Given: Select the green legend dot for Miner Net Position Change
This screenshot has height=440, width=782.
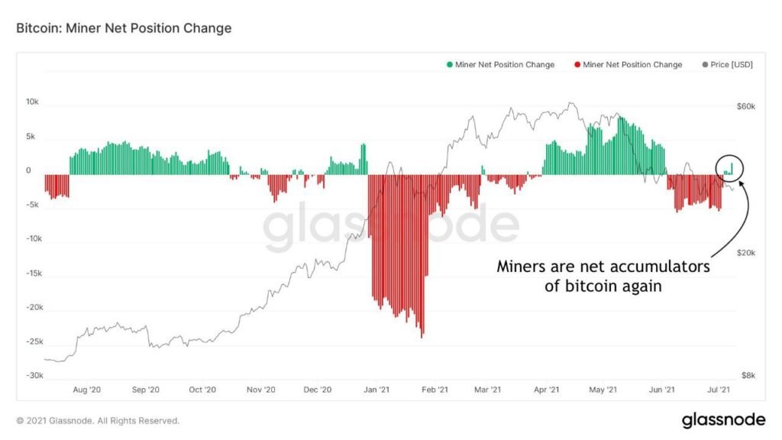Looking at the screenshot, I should (450, 65).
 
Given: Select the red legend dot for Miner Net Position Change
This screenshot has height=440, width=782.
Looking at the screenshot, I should (577, 65).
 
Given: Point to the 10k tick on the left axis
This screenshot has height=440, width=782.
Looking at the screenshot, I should (33, 102).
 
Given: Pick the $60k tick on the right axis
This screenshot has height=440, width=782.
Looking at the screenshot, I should (745, 107).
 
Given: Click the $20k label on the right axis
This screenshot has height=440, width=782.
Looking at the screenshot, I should (745, 254).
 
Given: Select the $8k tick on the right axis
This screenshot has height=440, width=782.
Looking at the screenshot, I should (747, 376).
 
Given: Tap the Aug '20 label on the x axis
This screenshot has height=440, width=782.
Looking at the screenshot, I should (86, 390).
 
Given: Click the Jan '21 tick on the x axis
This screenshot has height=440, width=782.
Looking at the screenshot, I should (376, 390).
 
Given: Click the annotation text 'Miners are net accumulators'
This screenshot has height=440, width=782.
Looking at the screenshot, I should (603, 267).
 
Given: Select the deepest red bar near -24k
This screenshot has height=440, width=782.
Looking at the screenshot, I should (422, 333).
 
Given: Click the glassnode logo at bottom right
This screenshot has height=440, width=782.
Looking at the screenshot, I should (723, 419).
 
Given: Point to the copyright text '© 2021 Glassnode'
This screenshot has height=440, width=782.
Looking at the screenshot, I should (98, 420).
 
